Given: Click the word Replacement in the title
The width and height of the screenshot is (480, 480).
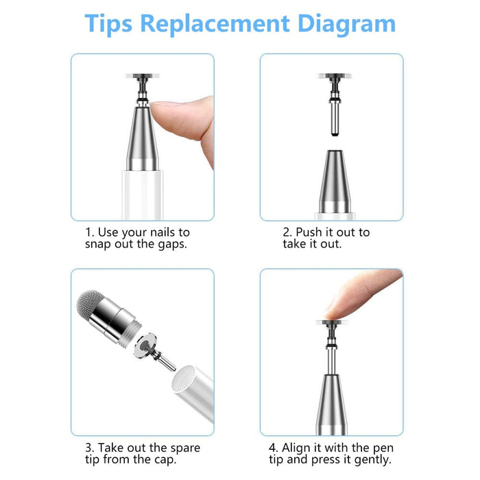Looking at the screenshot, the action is (215, 23).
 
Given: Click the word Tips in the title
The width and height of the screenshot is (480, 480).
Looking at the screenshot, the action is (108, 25).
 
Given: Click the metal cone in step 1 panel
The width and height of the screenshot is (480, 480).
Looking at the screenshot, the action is (143, 139).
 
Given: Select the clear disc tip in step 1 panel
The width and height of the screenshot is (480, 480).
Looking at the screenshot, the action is (143, 75).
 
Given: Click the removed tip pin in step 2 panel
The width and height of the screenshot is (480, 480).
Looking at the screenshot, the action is (335, 104).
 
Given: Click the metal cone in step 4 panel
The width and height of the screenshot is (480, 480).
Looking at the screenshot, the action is (332, 404).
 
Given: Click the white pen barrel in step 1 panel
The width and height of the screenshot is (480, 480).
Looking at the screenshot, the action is (143, 195).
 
